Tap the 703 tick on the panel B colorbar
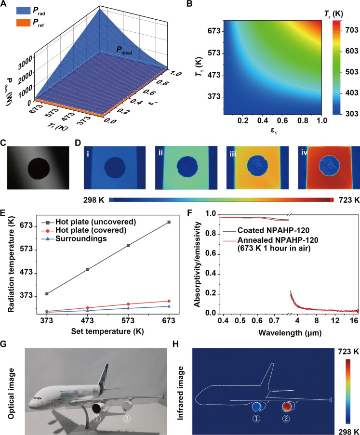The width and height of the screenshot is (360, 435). pos(346,30)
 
